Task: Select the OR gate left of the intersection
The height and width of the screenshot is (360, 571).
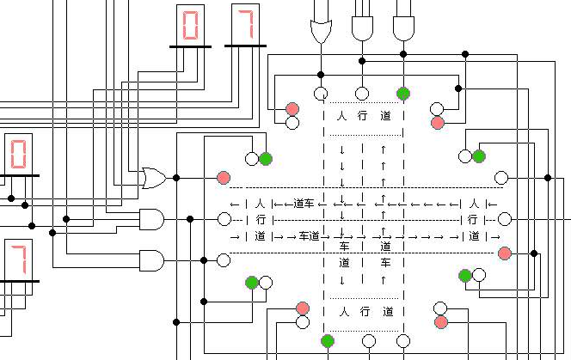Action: tap(154, 178)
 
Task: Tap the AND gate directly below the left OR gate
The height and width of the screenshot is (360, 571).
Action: tap(151, 219)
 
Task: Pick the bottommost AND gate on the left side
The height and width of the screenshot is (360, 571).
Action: tap(151, 259)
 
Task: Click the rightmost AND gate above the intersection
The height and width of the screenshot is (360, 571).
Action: tap(403, 29)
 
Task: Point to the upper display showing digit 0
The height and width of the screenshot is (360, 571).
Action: tap(190, 25)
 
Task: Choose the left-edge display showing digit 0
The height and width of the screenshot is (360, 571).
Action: tap(18, 155)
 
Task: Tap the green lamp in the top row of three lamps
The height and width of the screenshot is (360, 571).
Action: tap(403, 93)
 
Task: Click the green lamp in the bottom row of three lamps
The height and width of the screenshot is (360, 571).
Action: tap(328, 341)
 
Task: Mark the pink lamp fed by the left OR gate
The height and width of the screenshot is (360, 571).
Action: tap(224, 178)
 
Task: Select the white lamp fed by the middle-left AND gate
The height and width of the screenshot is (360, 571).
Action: tap(224, 219)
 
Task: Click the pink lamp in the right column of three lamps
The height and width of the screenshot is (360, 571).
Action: tap(504, 253)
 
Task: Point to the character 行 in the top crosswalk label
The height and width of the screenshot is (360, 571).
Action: tap(362, 115)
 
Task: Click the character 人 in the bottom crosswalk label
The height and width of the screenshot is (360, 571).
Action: tap(342, 310)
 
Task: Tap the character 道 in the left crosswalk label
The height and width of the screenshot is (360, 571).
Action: tap(260, 236)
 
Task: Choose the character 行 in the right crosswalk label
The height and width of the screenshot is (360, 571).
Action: tap(473, 220)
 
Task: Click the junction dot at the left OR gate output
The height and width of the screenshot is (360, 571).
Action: tap(176, 178)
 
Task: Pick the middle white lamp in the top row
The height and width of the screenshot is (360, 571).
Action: tap(362, 93)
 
